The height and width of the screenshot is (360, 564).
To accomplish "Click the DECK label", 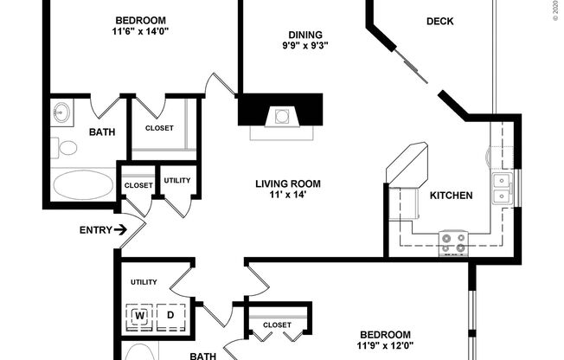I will (440, 21).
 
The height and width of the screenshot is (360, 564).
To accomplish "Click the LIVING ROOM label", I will (288, 183).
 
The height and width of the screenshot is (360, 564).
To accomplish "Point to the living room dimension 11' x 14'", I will (288, 196).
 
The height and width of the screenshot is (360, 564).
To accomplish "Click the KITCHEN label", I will (451, 196).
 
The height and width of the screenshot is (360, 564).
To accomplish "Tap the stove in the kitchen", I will (453, 241).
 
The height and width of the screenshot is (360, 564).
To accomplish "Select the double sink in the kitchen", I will (501, 189).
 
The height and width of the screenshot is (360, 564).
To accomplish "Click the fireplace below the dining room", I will (280, 116).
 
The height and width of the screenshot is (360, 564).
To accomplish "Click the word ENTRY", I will (93, 230).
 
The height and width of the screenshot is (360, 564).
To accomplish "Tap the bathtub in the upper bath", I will (83, 184).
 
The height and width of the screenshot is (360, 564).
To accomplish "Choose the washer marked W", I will (139, 316).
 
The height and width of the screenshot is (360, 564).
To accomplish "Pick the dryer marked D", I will (170, 316).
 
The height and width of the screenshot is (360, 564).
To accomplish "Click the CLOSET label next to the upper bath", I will (159, 128).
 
